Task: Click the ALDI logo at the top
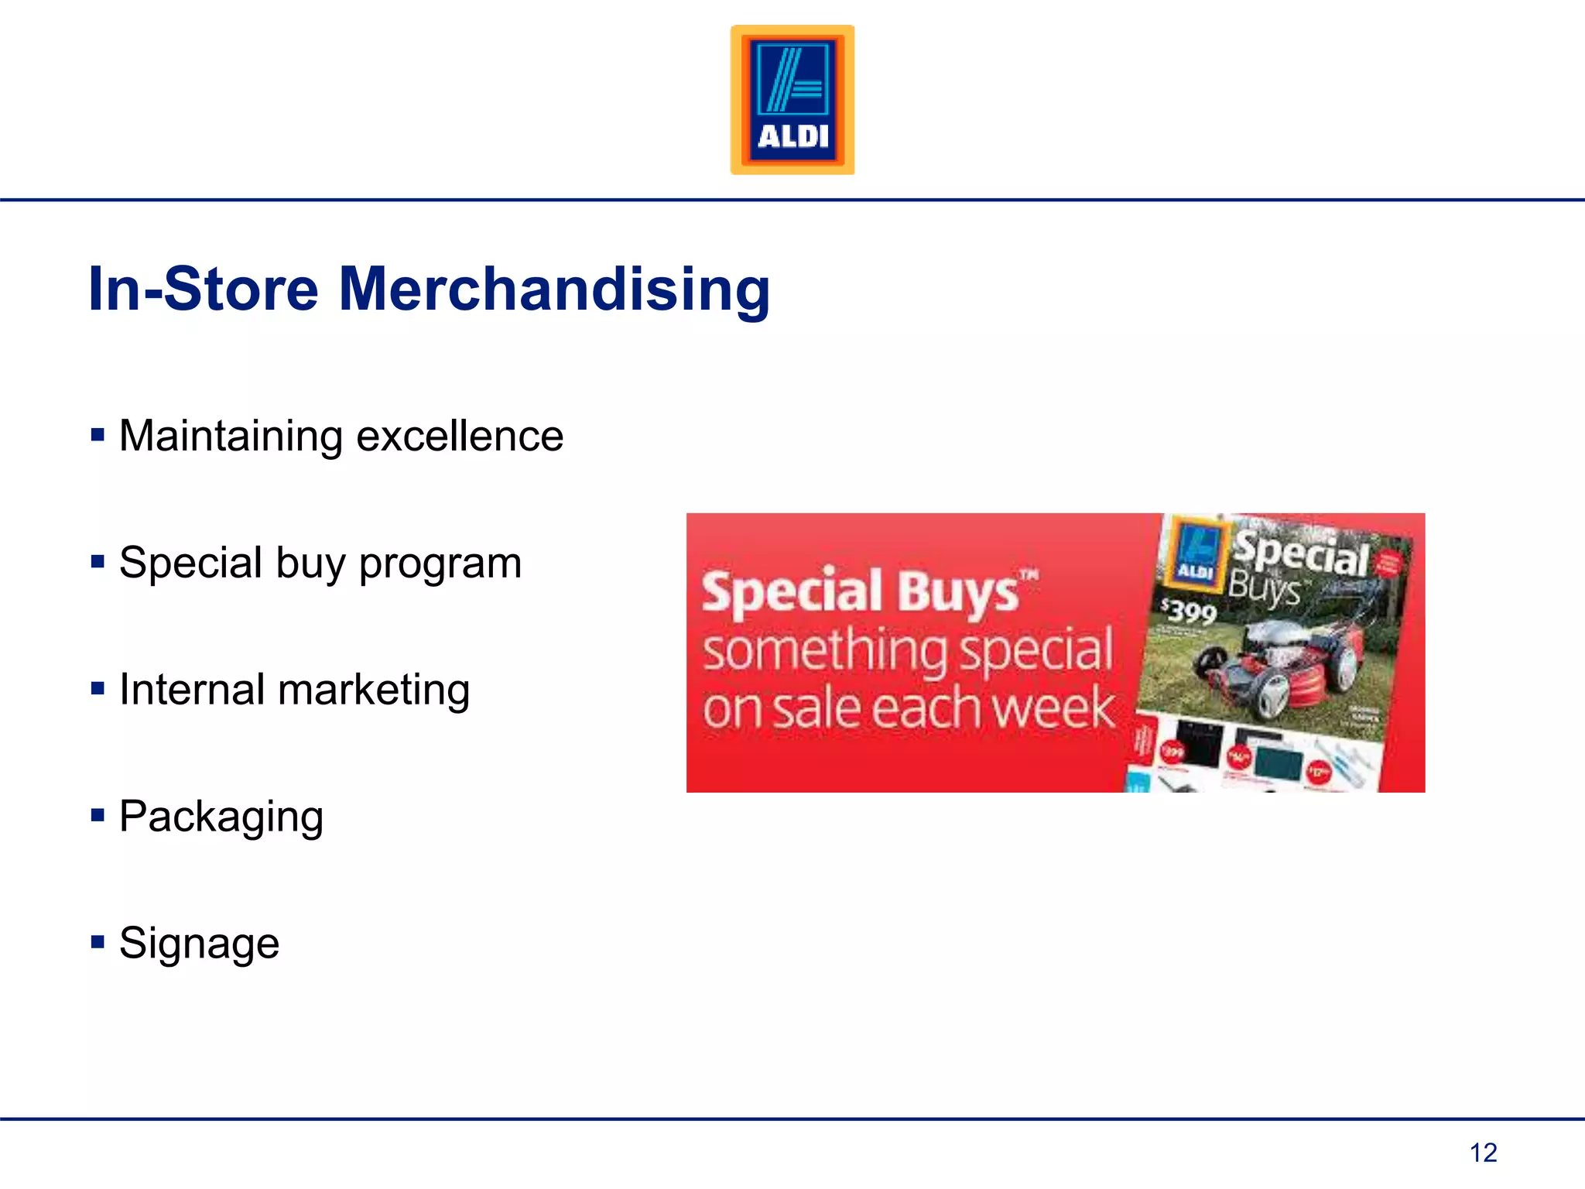tap(792, 99)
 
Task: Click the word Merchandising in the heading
tap(554, 290)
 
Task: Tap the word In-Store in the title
tap(204, 290)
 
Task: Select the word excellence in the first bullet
tap(460, 436)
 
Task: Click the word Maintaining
tap(231, 436)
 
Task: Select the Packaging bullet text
tap(221, 817)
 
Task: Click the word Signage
tap(199, 944)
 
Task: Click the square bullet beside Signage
tap(98, 942)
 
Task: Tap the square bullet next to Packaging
tap(98, 815)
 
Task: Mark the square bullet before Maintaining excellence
tap(98, 434)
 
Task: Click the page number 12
tap(1483, 1153)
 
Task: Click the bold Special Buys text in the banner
tap(861, 592)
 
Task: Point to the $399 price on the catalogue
tap(1190, 612)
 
